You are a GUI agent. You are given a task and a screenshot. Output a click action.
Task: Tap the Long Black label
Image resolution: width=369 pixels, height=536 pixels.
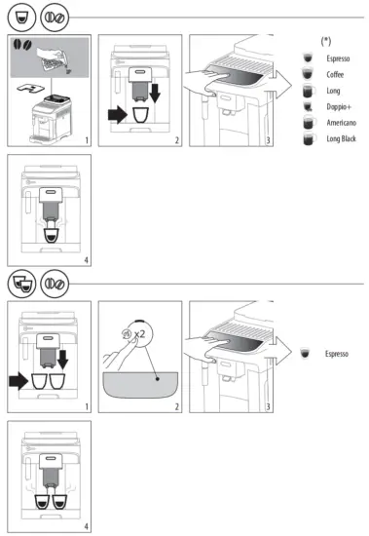coord(342,138)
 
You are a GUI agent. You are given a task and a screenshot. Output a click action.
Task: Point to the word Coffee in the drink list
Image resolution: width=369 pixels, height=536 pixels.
coord(335,73)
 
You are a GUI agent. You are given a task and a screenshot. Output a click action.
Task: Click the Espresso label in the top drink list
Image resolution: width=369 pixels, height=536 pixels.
coord(338,57)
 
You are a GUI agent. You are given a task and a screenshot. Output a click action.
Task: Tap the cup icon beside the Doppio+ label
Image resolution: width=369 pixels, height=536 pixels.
coord(308,105)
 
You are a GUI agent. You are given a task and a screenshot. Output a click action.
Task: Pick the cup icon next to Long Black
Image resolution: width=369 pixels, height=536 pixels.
coord(308,138)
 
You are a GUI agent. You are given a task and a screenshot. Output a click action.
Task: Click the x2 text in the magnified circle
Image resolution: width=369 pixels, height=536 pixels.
coord(139,333)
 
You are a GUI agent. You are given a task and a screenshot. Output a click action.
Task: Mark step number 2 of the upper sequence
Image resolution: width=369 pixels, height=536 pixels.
coord(177,141)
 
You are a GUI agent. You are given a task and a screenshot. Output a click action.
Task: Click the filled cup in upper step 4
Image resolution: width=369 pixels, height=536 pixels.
coord(50,234)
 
